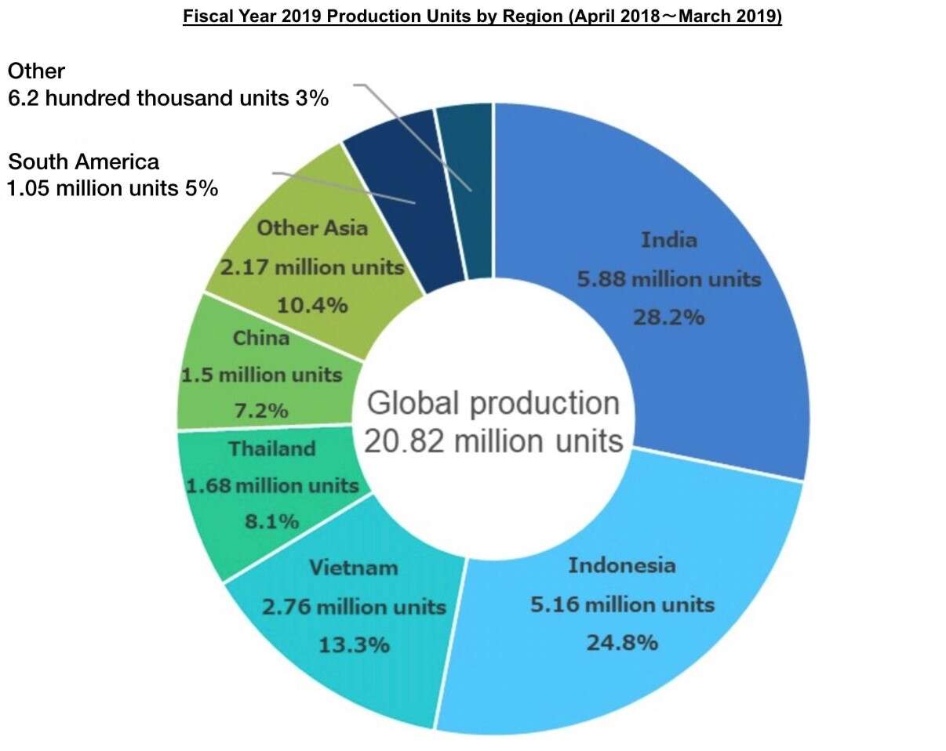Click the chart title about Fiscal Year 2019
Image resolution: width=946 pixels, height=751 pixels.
pos(482,17)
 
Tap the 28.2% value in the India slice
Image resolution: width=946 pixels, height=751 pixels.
pos(668,317)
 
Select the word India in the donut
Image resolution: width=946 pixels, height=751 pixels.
pos(668,239)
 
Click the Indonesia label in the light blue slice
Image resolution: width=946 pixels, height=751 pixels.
pos(621,565)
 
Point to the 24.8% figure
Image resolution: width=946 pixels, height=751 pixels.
pos(622,643)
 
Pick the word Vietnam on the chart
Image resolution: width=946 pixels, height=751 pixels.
pos(354,567)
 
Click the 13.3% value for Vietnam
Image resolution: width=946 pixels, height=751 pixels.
pos(354,645)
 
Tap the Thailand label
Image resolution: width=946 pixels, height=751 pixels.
pos(272,448)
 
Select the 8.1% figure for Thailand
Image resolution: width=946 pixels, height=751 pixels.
pos(272,521)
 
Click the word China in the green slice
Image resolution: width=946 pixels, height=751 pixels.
pos(261,339)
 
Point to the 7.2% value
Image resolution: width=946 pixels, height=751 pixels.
pos(261,410)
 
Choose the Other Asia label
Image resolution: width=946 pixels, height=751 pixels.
pos(312,228)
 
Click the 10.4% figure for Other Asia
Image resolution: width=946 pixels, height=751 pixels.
pos(312,304)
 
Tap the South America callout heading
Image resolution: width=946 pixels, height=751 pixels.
pos(84,162)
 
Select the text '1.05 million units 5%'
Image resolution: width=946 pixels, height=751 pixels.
pos(112,189)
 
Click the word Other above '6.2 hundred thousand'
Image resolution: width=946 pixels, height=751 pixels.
pos(36,71)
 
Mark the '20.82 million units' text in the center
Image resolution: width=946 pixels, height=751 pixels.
pos(493,441)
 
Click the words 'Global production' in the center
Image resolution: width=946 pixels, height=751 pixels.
pos(493,403)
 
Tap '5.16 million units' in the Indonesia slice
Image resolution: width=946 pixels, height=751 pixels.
pos(621,604)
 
